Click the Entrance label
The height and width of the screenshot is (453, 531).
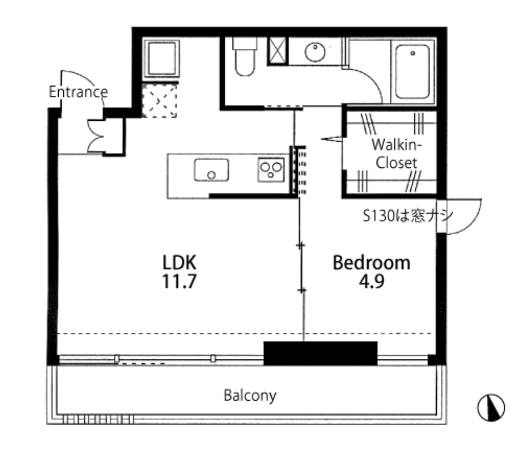pyautogui.click(x=78, y=92)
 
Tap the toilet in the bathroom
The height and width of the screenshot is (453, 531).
pyautogui.click(x=245, y=56)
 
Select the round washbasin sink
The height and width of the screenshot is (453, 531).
pyautogui.click(x=315, y=52)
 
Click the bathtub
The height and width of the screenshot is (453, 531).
pyautogui.click(x=412, y=71)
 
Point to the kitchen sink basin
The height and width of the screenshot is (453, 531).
pyautogui.click(x=211, y=170)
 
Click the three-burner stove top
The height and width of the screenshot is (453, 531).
pyautogui.click(x=271, y=169)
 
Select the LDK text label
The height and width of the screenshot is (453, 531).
pyautogui.click(x=179, y=263)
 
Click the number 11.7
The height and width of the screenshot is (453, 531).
pyautogui.click(x=179, y=281)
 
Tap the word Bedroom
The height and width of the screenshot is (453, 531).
pyautogui.click(x=371, y=263)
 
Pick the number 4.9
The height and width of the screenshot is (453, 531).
pyautogui.click(x=371, y=281)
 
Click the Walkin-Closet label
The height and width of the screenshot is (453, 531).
pyautogui.click(x=397, y=154)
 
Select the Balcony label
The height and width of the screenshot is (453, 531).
pyautogui.click(x=250, y=396)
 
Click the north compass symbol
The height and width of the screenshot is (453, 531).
pyautogui.click(x=491, y=407)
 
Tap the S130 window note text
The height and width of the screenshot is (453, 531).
pyautogui.click(x=408, y=215)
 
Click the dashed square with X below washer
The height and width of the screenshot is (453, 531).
pyautogui.click(x=160, y=100)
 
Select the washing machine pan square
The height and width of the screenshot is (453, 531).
pyautogui.click(x=161, y=58)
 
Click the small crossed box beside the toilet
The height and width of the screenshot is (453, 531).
pyautogui.click(x=277, y=51)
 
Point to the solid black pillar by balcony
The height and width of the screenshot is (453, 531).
pyautogui.click(x=320, y=353)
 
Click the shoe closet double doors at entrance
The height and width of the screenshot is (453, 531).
pyautogui.click(x=96, y=136)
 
